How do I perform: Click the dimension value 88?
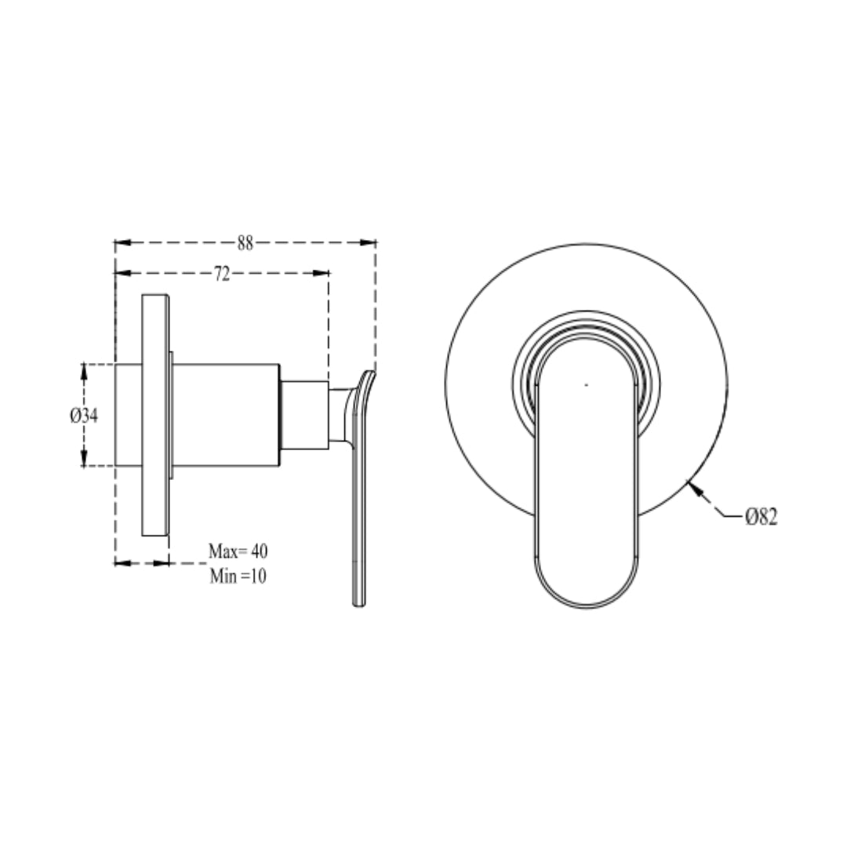(x=245, y=243)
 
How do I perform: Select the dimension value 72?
(x=222, y=274)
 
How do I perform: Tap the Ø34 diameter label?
(x=83, y=416)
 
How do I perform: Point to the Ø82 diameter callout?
(x=761, y=516)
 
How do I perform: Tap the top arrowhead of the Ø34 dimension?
(x=84, y=369)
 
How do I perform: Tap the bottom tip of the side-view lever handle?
(x=358, y=603)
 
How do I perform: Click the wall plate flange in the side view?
(x=155, y=416)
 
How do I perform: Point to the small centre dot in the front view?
(x=586, y=385)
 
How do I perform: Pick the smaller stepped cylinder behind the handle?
(x=304, y=416)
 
